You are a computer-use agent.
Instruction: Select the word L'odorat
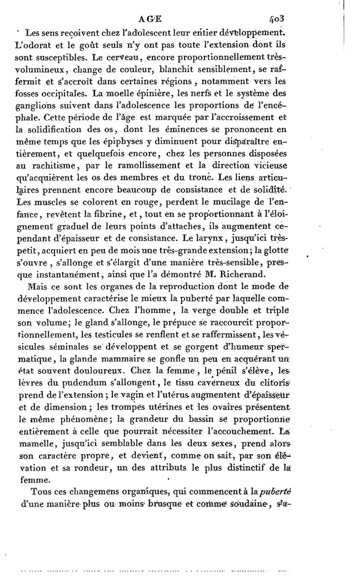[x=31, y=45]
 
